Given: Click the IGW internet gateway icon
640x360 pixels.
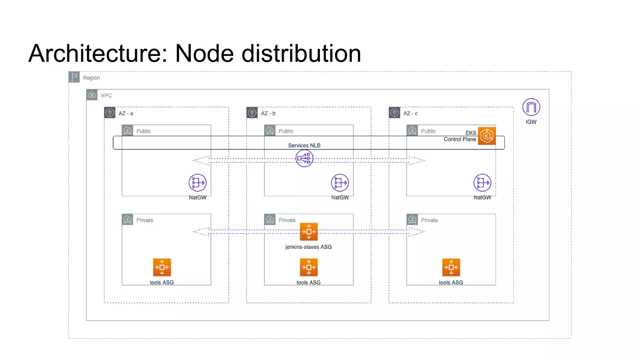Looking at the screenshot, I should point(531,107).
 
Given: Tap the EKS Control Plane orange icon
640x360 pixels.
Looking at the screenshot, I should point(487,136).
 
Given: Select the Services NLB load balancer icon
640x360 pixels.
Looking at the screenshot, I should point(304,158).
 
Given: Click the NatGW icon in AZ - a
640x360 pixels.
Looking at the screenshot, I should point(197,183).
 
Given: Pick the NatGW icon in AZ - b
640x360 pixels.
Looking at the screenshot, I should point(340,183).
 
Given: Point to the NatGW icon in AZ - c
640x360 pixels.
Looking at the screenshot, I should point(482,183).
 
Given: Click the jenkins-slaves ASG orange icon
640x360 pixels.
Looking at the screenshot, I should point(308,232).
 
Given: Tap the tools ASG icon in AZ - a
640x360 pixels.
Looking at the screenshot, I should point(162,267).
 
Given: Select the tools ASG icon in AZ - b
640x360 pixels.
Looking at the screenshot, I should point(308,267).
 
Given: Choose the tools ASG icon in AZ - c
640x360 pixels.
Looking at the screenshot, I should point(451,267).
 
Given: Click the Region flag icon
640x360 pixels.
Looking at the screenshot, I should point(74,77).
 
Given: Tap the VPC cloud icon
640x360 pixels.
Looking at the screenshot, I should point(92,95).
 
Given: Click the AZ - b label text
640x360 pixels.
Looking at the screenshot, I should point(268,113).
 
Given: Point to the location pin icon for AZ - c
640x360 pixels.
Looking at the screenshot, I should point(394,112).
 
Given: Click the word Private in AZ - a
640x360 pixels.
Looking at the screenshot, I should point(145,220).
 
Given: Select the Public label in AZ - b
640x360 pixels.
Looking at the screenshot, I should point(286,131).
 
